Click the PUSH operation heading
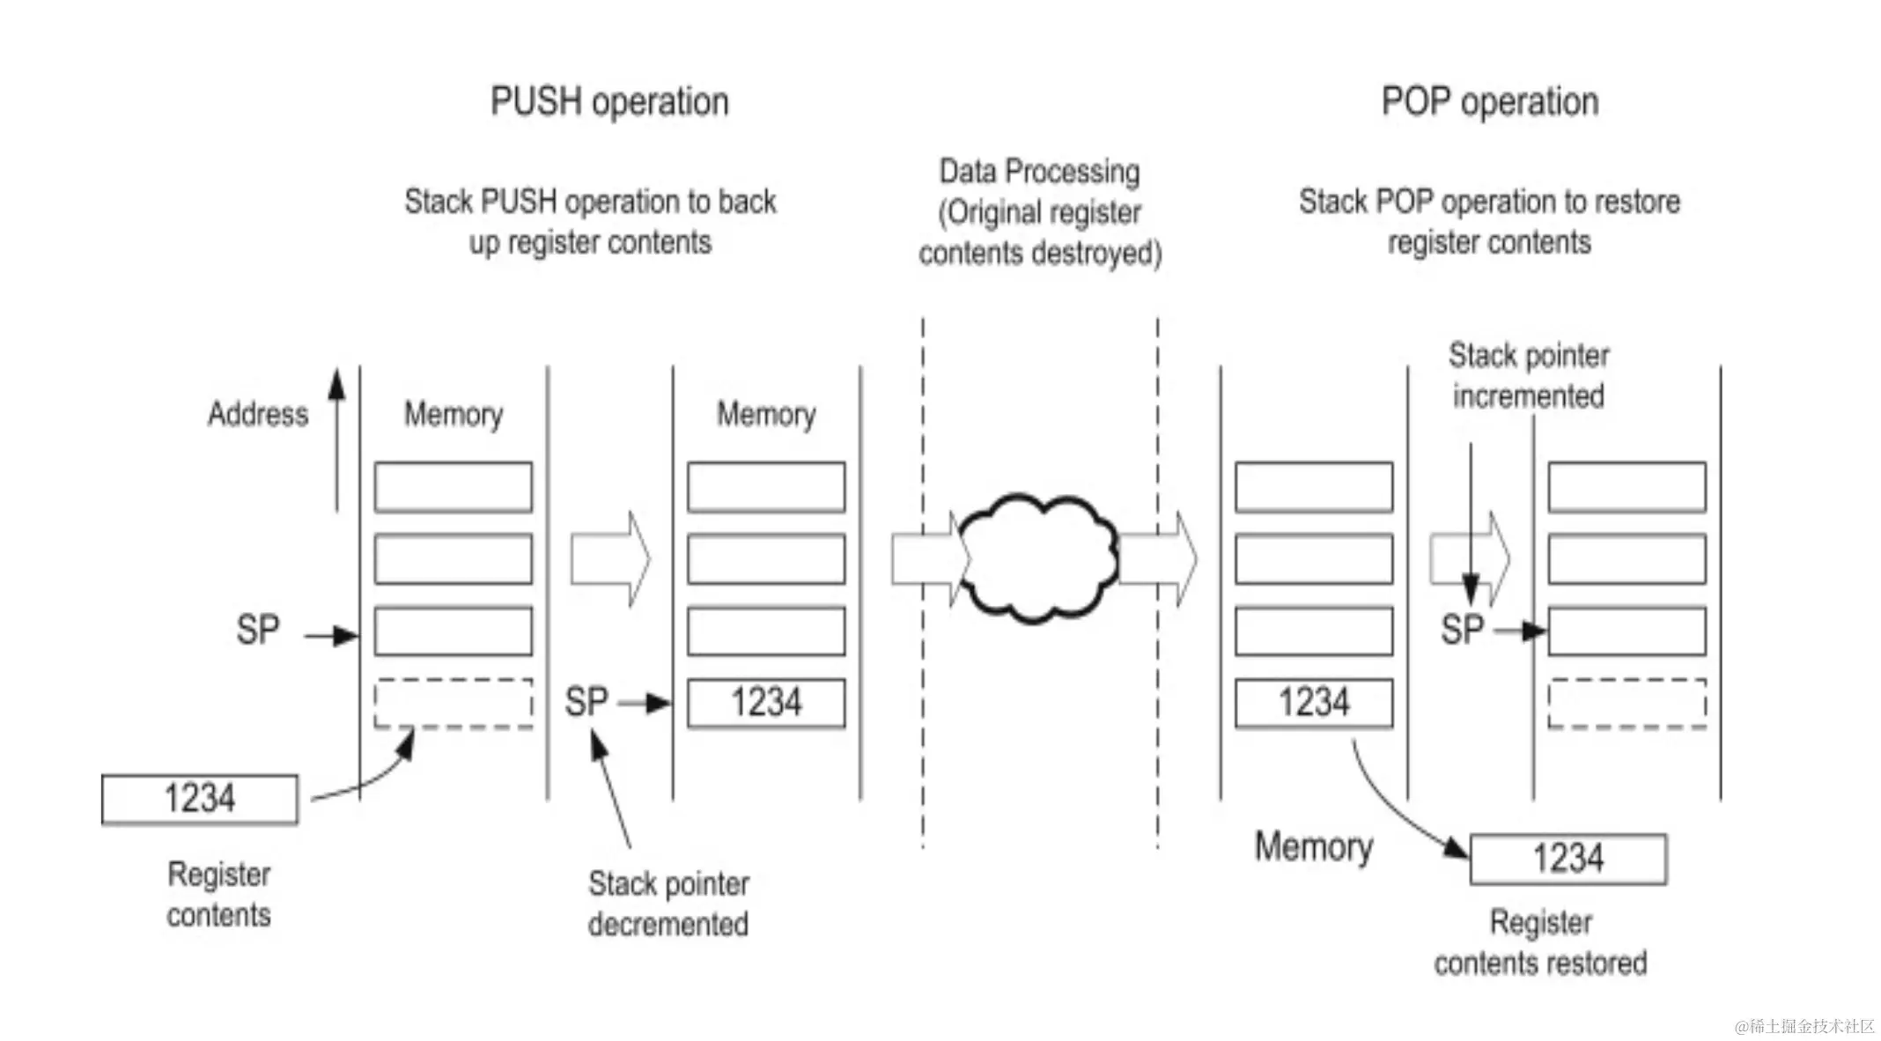(x=609, y=102)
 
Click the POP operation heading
(x=1490, y=102)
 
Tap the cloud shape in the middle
(x=1037, y=557)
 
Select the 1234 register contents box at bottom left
(x=200, y=799)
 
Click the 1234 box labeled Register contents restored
(x=1568, y=859)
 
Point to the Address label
(x=258, y=414)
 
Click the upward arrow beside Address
(x=336, y=440)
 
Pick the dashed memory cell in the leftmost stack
(x=453, y=703)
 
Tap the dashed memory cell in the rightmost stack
(x=1627, y=703)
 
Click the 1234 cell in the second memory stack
(x=766, y=703)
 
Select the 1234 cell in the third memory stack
(x=1314, y=703)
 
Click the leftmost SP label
(x=257, y=631)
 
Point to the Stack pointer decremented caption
(x=668, y=904)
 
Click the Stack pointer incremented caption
(x=1529, y=376)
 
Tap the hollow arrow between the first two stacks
(x=610, y=559)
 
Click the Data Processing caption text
(x=1039, y=212)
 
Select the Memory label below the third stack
(x=1314, y=846)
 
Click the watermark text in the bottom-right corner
(x=1804, y=1026)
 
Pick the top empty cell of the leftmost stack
(x=453, y=487)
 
